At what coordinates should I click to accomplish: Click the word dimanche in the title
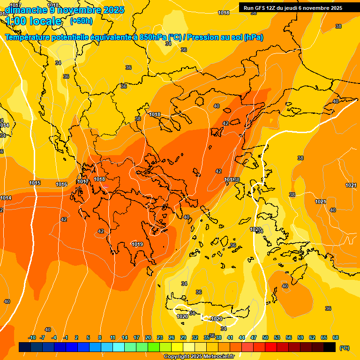click(x=25, y=10)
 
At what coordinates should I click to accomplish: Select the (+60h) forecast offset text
click(x=81, y=21)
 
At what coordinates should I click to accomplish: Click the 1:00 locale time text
click(x=33, y=21)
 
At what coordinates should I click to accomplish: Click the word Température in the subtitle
click(x=28, y=37)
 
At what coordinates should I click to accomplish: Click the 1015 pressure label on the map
click(x=35, y=183)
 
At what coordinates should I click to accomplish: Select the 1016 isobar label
click(x=61, y=184)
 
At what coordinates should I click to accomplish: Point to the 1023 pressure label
click(x=255, y=229)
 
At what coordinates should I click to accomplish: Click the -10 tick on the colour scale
click(x=32, y=337)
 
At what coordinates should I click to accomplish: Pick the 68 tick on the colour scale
click(x=336, y=337)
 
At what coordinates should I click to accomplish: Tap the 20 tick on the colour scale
click(x=148, y=337)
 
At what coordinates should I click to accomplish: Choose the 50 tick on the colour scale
click(x=265, y=337)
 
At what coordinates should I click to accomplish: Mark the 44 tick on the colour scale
click(x=242, y=337)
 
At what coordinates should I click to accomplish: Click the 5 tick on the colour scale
click(x=88, y=337)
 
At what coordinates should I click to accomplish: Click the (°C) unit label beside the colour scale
click(x=344, y=348)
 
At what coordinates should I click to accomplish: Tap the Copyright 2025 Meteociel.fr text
click(x=199, y=357)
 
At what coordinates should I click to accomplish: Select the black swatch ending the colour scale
click(x=330, y=347)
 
